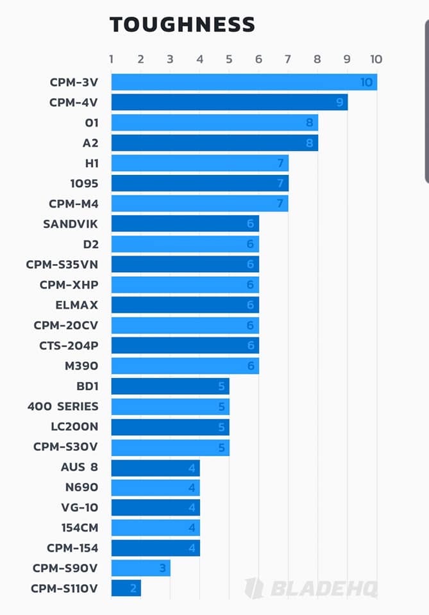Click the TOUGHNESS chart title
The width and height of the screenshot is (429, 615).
coord(182,24)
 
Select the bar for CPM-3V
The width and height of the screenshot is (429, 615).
coord(244,82)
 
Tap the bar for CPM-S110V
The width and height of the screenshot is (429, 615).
coord(126,588)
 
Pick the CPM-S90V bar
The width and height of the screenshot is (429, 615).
coord(140,568)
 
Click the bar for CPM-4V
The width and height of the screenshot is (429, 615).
coord(229,102)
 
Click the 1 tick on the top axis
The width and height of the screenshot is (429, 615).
coord(112,60)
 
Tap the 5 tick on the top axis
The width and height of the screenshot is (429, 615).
coord(229,60)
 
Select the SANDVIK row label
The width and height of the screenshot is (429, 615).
coord(71,224)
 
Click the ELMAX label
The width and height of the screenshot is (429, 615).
coord(77,305)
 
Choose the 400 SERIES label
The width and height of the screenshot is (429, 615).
coord(63,406)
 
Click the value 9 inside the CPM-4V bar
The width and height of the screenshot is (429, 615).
coord(339,102)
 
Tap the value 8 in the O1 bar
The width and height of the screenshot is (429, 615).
coord(310,122)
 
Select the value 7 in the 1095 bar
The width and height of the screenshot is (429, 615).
coord(280,184)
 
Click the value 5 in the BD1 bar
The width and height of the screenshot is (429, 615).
coord(221,386)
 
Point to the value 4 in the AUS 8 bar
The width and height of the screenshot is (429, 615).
coord(192,468)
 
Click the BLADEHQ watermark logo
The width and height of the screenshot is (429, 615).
coord(310,588)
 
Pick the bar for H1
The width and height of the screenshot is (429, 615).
coord(199,163)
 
